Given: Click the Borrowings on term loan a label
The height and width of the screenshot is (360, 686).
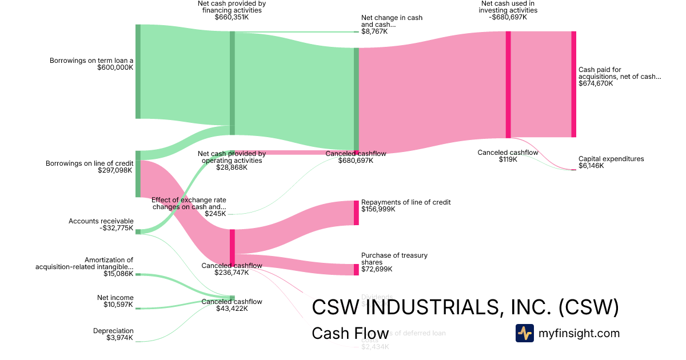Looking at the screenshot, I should click(x=91, y=60).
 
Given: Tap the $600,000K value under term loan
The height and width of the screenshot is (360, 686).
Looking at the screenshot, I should click(x=115, y=67).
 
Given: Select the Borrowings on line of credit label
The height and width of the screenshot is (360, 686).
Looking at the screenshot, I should click(x=89, y=163).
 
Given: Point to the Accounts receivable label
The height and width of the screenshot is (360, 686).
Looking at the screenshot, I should click(x=101, y=221).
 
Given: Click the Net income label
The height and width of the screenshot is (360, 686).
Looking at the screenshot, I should click(x=115, y=298).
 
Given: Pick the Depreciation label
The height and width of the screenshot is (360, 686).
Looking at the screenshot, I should click(x=113, y=331).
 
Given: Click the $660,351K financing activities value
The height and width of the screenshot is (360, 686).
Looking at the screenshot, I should click(x=232, y=17).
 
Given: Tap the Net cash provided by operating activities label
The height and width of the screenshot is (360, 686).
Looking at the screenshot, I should click(x=232, y=157).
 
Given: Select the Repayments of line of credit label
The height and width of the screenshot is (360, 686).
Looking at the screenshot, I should click(x=406, y=202).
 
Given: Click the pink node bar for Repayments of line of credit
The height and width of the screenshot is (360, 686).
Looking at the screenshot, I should click(x=356, y=213).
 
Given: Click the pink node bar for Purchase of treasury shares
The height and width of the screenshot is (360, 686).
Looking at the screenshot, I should click(x=356, y=270).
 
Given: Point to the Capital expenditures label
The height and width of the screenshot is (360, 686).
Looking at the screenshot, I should click(x=611, y=159).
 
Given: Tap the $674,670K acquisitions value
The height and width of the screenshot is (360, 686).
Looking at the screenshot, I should click(x=596, y=83).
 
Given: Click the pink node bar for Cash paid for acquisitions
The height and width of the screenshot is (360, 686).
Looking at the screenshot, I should click(x=574, y=85).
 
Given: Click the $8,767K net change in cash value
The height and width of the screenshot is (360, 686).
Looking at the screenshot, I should click(x=374, y=32).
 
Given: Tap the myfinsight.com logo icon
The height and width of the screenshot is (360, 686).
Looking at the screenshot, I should click(x=524, y=333).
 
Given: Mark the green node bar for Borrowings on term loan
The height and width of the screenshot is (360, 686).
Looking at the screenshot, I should click(x=138, y=71).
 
